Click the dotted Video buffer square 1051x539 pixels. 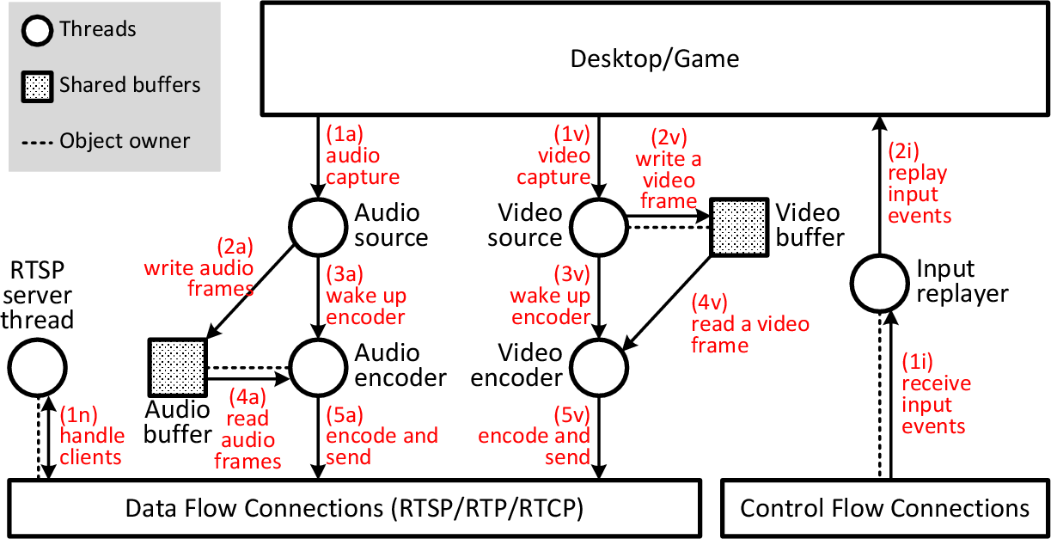[737, 227]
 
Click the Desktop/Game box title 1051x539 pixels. [655, 58]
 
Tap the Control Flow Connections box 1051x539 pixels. [884, 508]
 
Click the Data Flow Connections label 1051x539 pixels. [354, 508]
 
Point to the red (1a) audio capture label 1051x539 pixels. [362, 156]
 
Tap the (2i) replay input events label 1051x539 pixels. [918, 183]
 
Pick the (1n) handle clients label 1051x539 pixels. [91, 436]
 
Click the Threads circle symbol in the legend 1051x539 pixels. [38, 30]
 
